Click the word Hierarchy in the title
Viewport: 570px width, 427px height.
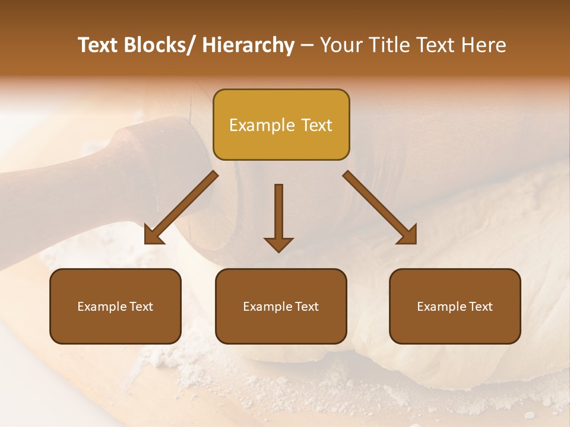point(248,46)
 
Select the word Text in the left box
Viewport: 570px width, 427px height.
point(142,307)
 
